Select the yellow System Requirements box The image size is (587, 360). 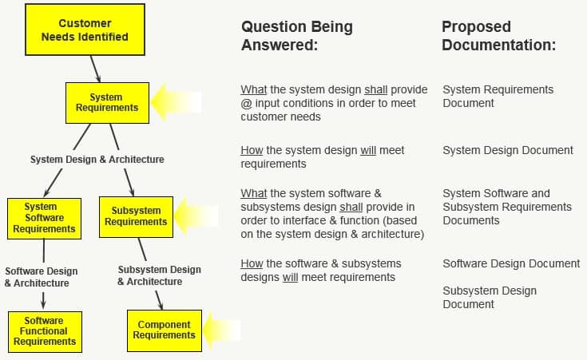[106, 102]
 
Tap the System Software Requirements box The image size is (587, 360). [45, 218]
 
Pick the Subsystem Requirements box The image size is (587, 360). [136, 216]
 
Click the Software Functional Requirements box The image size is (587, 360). [45, 331]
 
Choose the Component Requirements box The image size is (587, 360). [165, 330]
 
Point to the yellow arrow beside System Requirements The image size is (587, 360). [176, 102]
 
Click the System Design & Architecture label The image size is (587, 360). [97, 160]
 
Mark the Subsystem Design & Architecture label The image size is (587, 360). [159, 275]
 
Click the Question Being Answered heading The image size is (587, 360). [297, 36]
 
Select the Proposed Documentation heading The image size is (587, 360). [498, 36]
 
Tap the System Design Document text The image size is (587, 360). [508, 150]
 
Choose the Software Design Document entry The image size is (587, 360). [511, 263]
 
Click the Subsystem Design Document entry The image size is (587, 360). [490, 297]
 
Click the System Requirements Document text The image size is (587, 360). [498, 96]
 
